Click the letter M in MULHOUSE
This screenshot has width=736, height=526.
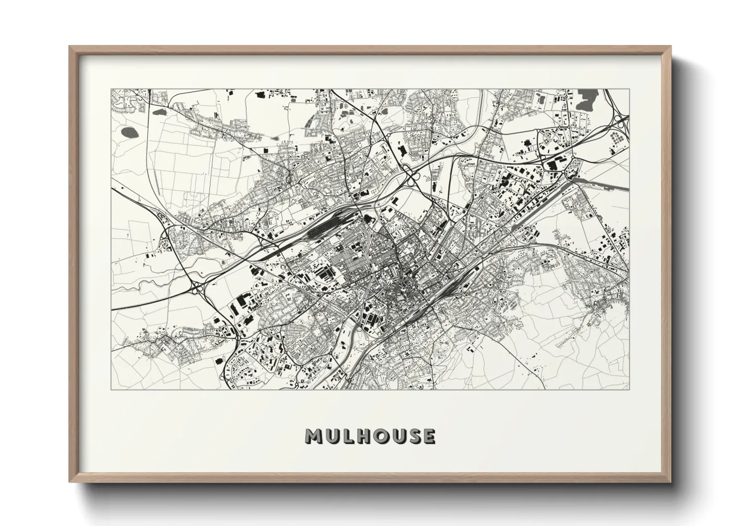pos(314,436)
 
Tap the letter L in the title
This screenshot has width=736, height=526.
pos(348,436)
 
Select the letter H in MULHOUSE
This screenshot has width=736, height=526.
pos(363,436)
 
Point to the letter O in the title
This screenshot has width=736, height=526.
pos(380,436)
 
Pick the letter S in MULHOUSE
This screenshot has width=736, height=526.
pos(413,436)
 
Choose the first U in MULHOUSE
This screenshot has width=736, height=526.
pos(332,436)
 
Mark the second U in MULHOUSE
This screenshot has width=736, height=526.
pos(397,436)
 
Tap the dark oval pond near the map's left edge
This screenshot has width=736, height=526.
pos(131,132)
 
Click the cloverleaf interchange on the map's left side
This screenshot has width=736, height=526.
pos(200,287)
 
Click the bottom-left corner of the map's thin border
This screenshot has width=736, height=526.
pos(111,389)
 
